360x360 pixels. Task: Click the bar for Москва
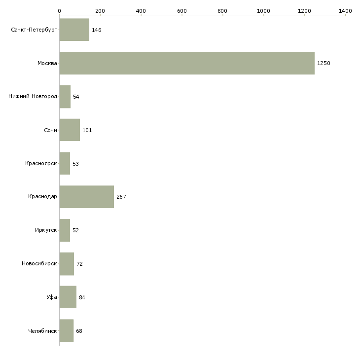pyautogui.click(x=187, y=63)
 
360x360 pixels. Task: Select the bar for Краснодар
pyautogui.click(x=87, y=197)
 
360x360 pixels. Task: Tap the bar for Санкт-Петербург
pyautogui.click(x=74, y=30)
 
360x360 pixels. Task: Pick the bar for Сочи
pyautogui.click(x=70, y=130)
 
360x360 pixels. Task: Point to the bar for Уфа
pyautogui.click(x=68, y=297)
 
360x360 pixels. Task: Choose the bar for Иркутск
pyautogui.click(x=65, y=230)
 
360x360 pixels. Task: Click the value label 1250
pyautogui.click(x=324, y=64)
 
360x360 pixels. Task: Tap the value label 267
pyautogui.click(x=121, y=197)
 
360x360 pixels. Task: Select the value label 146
pyautogui.click(x=97, y=31)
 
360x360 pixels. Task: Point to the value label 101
pyautogui.click(x=87, y=131)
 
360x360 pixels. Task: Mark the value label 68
pyautogui.click(x=79, y=331)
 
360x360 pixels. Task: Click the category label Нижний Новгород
pyautogui.click(x=33, y=97)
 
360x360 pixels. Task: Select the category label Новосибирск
pyautogui.click(x=39, y=264)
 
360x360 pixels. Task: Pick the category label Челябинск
pyautogui.click(x=43, y=331)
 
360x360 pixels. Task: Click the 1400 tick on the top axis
pyautogui.click(x=345, y=10)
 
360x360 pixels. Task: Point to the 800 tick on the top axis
pyautogui.click(x=223, y=10)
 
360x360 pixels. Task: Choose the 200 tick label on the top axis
pyautogui.click(x=100, y=10)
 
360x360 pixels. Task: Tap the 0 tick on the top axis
pyautogui.click(x=59, y=10)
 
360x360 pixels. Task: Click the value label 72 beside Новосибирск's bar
pyautogui.click(x=80, y=264)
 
